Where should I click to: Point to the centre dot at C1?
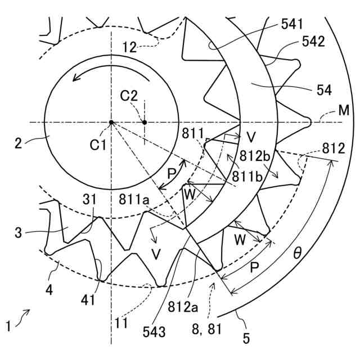tap(112, 122)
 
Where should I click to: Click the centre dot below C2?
tap(145, 122)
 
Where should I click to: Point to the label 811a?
tap(133, 199)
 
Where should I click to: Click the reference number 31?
tap(89, 199)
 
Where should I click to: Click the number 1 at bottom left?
tap(8, 325)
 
